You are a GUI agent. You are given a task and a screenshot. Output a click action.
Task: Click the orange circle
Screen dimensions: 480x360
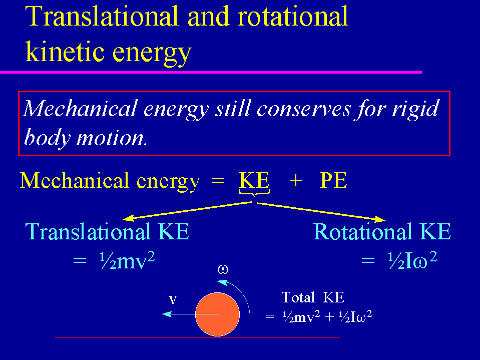pyautogui.click(x=217, y=314)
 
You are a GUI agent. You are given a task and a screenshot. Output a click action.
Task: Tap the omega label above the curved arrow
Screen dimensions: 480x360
pyautogui.click(x=223, y=269)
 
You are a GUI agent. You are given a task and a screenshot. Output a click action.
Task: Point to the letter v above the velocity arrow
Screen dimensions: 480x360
pyautogui.click(x=173, y=300)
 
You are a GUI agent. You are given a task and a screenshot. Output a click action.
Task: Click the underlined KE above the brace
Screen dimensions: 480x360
pyautogui.click(x=254, y=180)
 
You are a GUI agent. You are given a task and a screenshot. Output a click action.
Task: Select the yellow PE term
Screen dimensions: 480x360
pyautogui.click(x=333, y=180)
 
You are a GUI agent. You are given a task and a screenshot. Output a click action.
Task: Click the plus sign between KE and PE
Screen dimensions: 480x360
pyautogui.click(x=296, y=181)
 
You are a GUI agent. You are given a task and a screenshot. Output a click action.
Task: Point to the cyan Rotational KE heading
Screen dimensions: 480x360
pyautogui.click(x=382, y=231)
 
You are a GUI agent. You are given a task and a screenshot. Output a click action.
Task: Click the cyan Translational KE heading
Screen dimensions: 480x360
pyautogui.click(x=108, y=231)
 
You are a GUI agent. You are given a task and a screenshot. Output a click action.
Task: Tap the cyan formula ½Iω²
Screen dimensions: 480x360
pyautogui.click(x=412, y=261)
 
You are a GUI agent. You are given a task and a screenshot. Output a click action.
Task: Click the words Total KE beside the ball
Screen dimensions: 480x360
pyautogui.click(x=313, y=297)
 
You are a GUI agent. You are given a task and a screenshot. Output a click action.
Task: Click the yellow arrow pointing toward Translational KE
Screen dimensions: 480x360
pyautogui.click(x=187, y=211)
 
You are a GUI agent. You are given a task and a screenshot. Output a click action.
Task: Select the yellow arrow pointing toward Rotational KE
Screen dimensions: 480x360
pyautogui.click(x=321, y=212)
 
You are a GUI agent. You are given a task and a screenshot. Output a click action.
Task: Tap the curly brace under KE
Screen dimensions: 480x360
pyautogui.click(x=254, y=193)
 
